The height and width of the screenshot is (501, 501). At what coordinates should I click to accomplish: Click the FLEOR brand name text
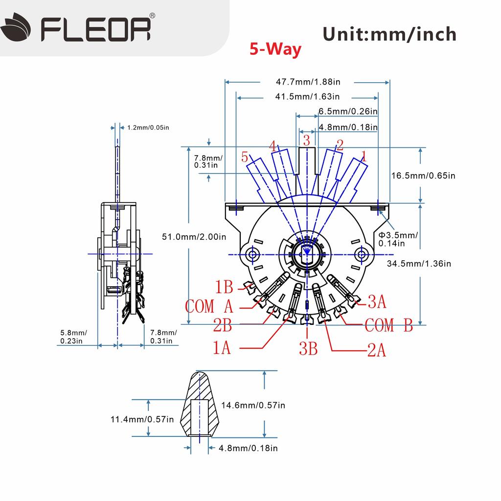click(95, 29)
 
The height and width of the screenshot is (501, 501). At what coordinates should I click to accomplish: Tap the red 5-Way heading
click(275, 49)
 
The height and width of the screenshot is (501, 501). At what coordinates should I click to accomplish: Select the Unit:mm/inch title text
click(389, 34)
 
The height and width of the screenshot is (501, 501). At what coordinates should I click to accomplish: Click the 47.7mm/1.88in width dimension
click(307, 82)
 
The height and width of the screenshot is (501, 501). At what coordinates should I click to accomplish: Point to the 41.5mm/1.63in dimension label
click(307, 97)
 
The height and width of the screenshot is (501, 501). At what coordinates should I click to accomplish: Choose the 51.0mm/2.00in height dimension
click(194, 237)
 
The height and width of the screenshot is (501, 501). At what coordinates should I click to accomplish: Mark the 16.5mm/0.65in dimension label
click(424, 176)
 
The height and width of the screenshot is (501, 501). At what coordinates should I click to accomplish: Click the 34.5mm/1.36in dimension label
click(418, 264)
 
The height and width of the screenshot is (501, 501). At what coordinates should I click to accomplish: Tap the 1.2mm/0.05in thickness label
click(148, 128)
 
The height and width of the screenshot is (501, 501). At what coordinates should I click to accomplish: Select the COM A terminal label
click(209, 307)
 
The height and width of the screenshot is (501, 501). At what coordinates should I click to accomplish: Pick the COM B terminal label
click(389, 325)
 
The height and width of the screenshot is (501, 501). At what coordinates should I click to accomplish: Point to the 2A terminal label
click(377, 350)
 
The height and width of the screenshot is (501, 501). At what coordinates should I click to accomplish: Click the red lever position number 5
click(245, 157)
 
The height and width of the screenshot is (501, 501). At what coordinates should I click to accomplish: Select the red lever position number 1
click(363, 157)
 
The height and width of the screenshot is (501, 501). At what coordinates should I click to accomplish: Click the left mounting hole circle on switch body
click(253, 254)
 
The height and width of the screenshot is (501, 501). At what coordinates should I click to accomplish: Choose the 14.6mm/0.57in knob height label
click(253, 405)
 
